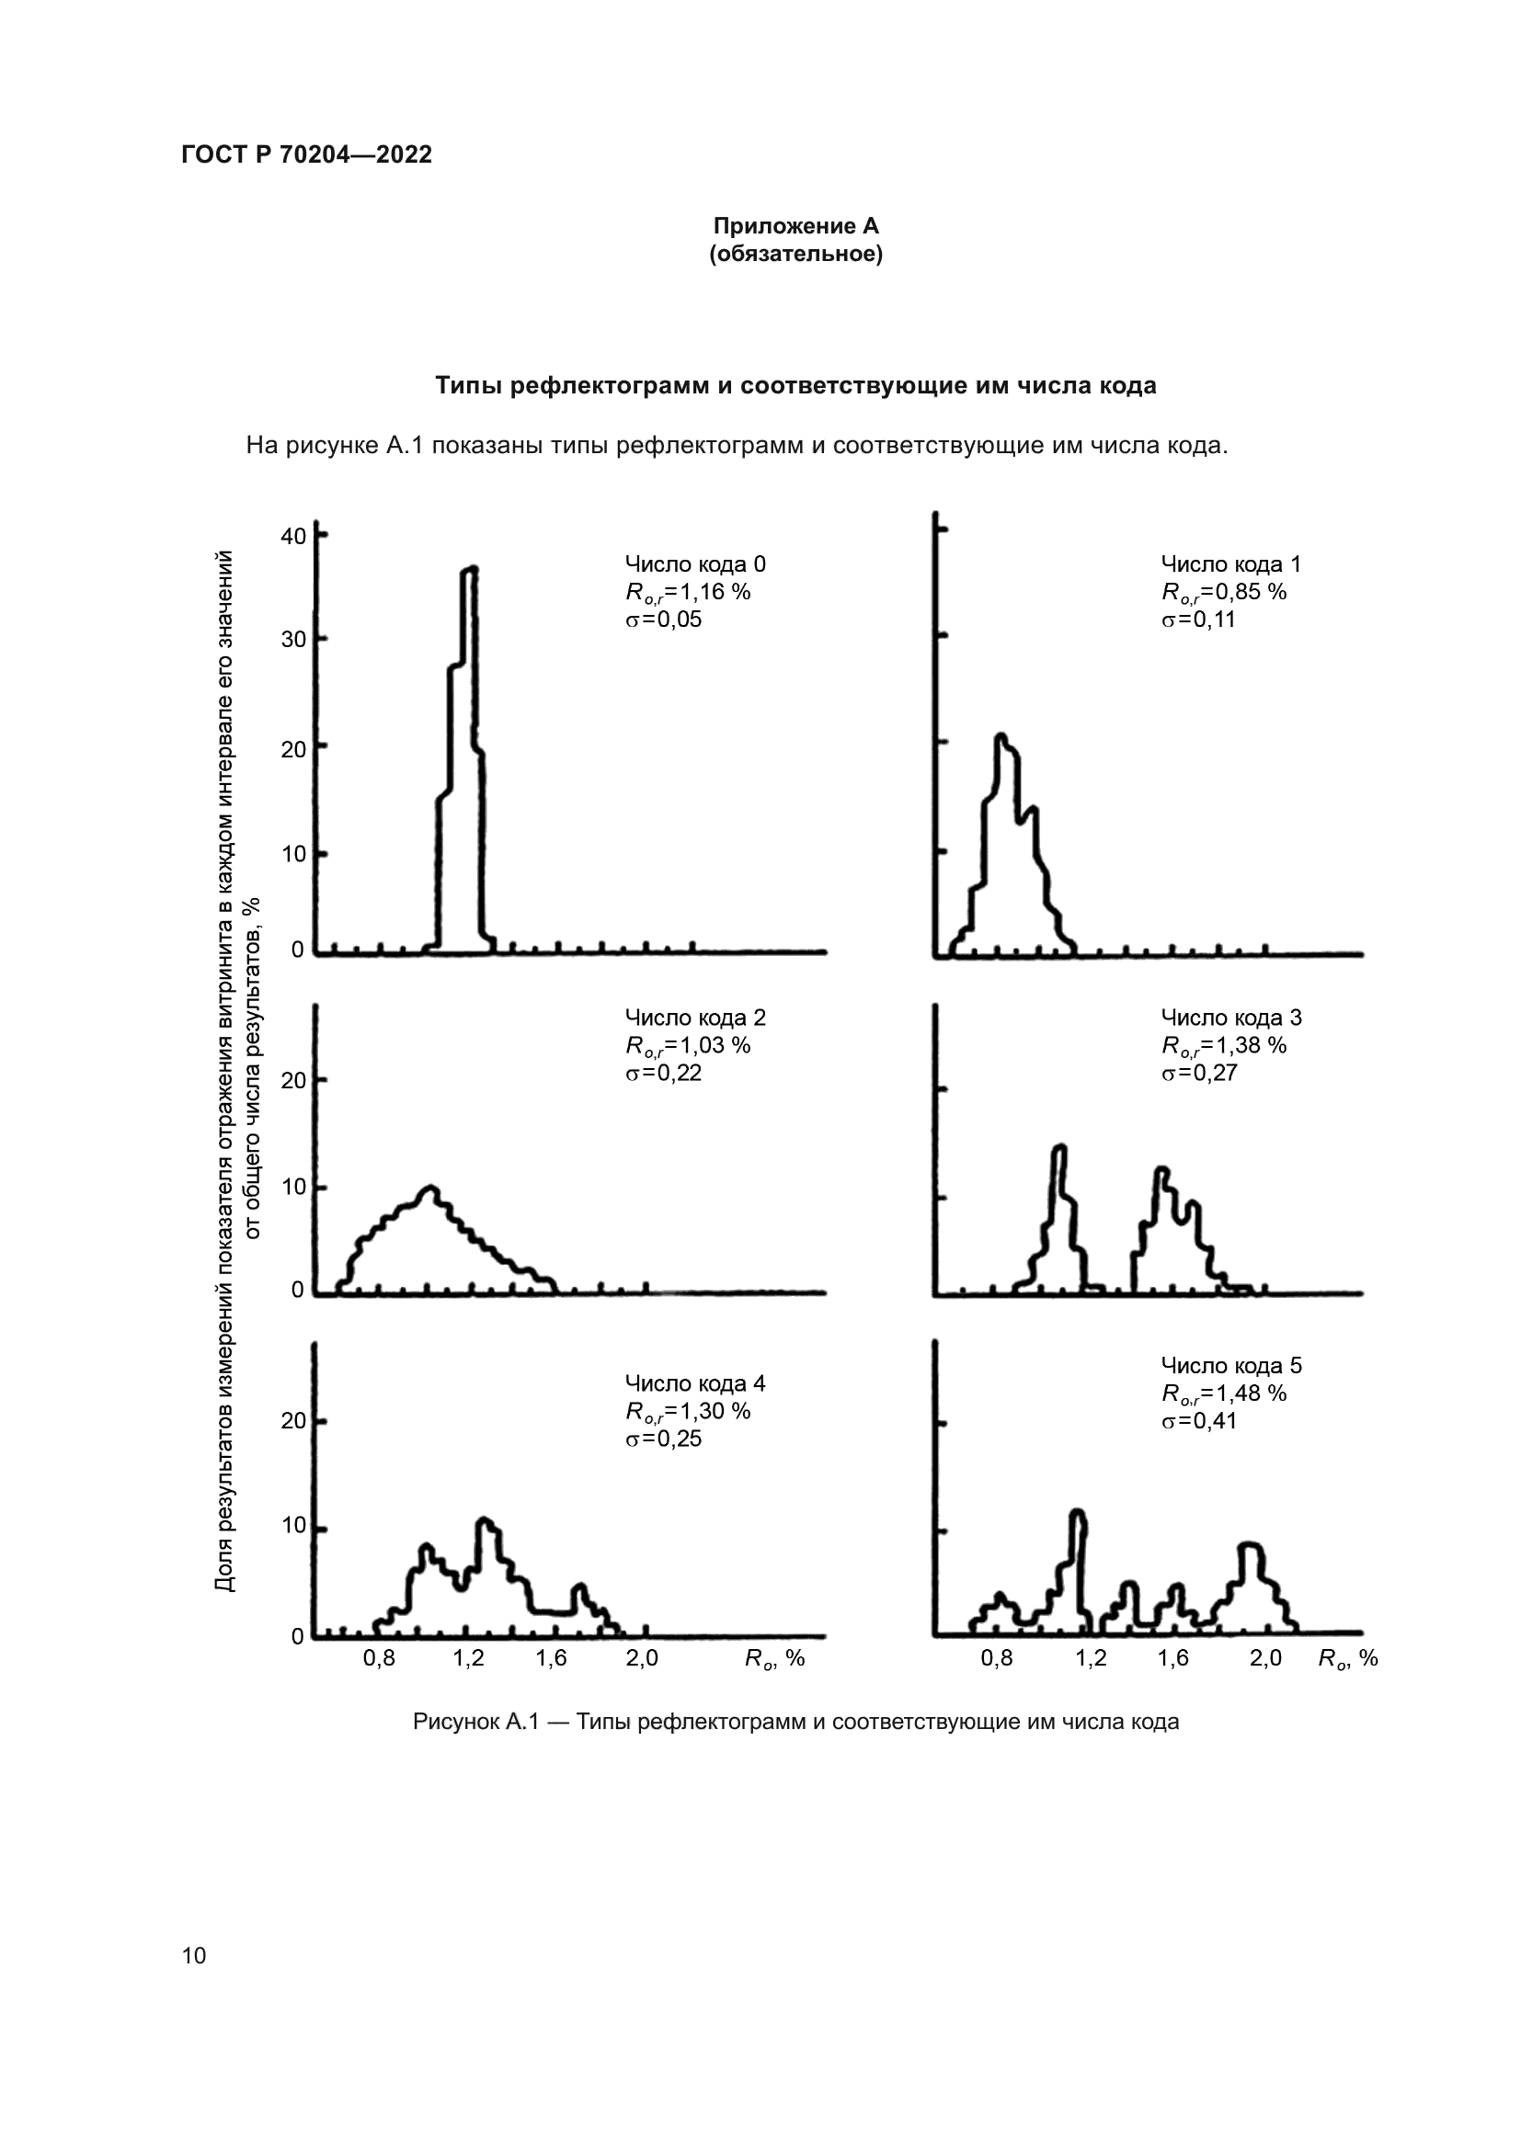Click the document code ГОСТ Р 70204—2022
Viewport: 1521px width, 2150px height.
(x=306, y=154)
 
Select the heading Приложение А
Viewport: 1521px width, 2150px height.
(x=796, y=226)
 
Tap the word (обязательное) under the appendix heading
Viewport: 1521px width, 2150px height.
(x=796, y=254)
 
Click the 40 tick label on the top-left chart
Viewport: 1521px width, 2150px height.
(x=293, y=536)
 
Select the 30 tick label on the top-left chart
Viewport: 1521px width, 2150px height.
(x=293, y=640)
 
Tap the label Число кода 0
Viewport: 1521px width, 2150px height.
(x=695, y=563)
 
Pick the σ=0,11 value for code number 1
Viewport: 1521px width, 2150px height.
(x=1198, y=619)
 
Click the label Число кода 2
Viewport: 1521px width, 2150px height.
(x=695, y=1017)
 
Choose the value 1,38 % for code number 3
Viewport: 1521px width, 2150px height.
(x=1246, y=1045)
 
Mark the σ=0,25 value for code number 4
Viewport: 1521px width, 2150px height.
(x=663, y=1439)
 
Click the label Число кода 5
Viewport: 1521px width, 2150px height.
(x=1230, y=1365)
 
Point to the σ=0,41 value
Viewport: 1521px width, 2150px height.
(x=1198, y=1420)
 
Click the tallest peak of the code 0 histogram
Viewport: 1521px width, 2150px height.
(x=470, y=569)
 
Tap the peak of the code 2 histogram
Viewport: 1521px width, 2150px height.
(x=429, y=1189)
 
